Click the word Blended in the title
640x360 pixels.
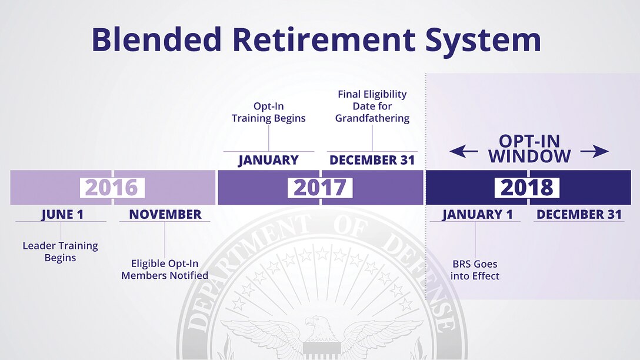tap(156, 39)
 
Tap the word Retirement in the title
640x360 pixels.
tap(324, 39)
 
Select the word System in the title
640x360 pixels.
tap(484, 41)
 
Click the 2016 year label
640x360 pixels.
tap(112, 188)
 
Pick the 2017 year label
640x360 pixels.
tap(320, 188)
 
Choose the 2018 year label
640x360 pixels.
tap(527, 188)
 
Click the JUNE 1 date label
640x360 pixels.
tap(62, 215)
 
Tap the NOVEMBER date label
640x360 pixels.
tap(165, 214)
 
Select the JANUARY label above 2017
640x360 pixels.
tap(269, 160)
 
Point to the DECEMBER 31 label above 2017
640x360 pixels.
tap(372, 160)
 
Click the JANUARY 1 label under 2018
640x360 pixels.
tap(477, 215)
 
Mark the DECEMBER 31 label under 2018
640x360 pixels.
tap(579, 214)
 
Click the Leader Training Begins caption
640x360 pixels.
tap(61, 251)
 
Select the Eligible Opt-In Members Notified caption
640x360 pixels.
tap(165, 269)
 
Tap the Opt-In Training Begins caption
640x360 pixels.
tap(269, 112)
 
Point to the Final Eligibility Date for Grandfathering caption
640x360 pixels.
tap(372, 106)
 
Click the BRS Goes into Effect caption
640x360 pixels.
tap(475, 270)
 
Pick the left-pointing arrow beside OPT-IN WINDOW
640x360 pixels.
tap(464, 151)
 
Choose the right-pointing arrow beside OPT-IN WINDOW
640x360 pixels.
tap(595, 151)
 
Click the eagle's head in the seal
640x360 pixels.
tap(315, 325)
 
